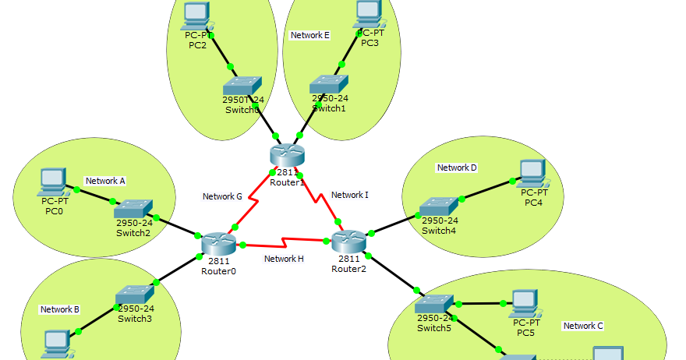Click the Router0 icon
[217, 244]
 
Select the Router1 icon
[286, 156]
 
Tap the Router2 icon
[348, 242]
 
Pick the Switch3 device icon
[135, 295]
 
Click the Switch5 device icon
[434, 304]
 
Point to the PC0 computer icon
[53, 182]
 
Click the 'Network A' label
[105, 181]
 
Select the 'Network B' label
[60, 309]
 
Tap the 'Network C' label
[583, 326]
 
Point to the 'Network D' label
[457, 168]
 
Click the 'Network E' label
[310, 35]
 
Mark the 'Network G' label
[223, 196]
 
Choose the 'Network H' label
[284, 259]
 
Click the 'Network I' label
[350, 195]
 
